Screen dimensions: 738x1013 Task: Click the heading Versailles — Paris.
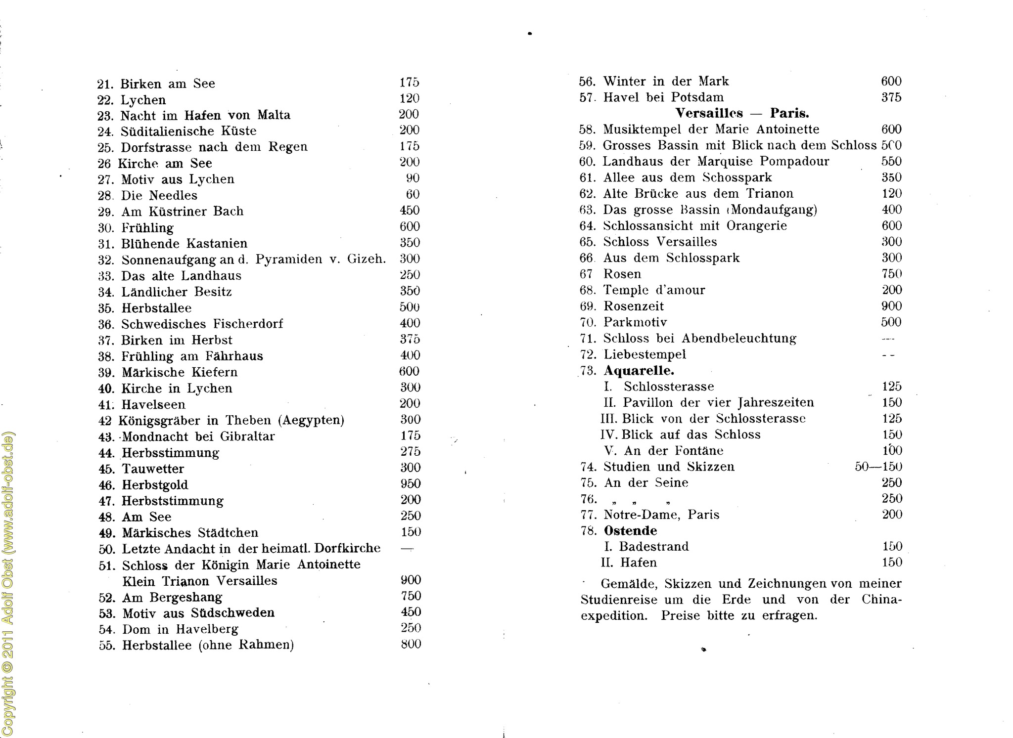(x=742, y=113)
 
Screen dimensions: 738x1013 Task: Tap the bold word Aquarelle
(x=639, y=370)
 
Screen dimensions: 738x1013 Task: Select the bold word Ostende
(x=631, y=530)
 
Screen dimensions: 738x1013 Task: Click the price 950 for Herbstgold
(x=411, y=483)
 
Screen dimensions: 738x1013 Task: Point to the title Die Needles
(x=159, y=195)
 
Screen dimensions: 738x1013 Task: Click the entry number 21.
(x=106, y=84)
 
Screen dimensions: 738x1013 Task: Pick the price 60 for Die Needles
(x=413, y=194)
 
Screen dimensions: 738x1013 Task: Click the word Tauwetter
(x=153, y=469)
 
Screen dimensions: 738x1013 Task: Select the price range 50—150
(x=878, y=467)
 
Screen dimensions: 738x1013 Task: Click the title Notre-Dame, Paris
(x=661, y=515)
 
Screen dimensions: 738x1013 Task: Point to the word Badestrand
(x=654, y=546)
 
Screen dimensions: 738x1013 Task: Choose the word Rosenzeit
(x=634, y=306)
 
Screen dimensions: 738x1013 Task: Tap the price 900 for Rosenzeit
(x=891, y=306)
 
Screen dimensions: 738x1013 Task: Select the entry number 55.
(x=107, y=645)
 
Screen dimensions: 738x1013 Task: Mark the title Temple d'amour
(x=654, y=290)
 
